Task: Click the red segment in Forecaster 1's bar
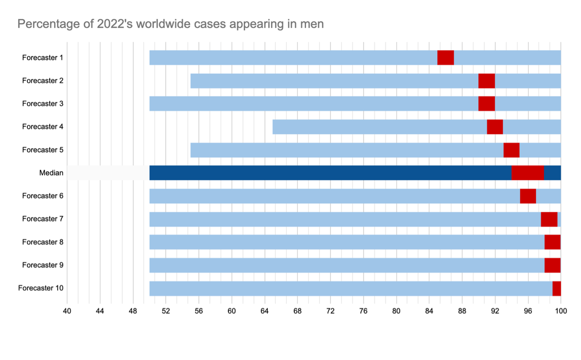pyautogui.click(x=445, y=57)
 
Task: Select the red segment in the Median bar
pyautogui.click(x=528, y=173)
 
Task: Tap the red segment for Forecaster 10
pyautogui.click(x=557, y=288)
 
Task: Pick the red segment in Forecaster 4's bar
pyautogui.click(x=495, y=127)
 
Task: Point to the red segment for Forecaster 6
pyautogui.click(x=528, y=196)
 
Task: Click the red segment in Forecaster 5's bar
pyautogui.click(x=511, y=150)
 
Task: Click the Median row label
pyautogui.click(x=51, y=173)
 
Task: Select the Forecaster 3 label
pyautogui.click(x=43, y=104)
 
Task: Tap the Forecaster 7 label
pyautogui.click(x=43, y=219)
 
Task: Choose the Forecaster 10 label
pyautogui.click(x=41, y=288)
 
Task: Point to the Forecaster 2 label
pyautogui.click(x=43, y=81)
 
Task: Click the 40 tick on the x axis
pyautogui.click(x=67, y=311)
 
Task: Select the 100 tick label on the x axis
pyautogui.click(x=561, y=311)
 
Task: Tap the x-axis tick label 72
pyautogui.click(x=330, y=311)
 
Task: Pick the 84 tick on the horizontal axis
pyautogui.click(x=429, y=311)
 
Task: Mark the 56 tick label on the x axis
pyautogui.click(x=199, y=311)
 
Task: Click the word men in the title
pyautogui.click(x=312, y=24)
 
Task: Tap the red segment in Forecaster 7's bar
pyautogui.click(x=549, y=219)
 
